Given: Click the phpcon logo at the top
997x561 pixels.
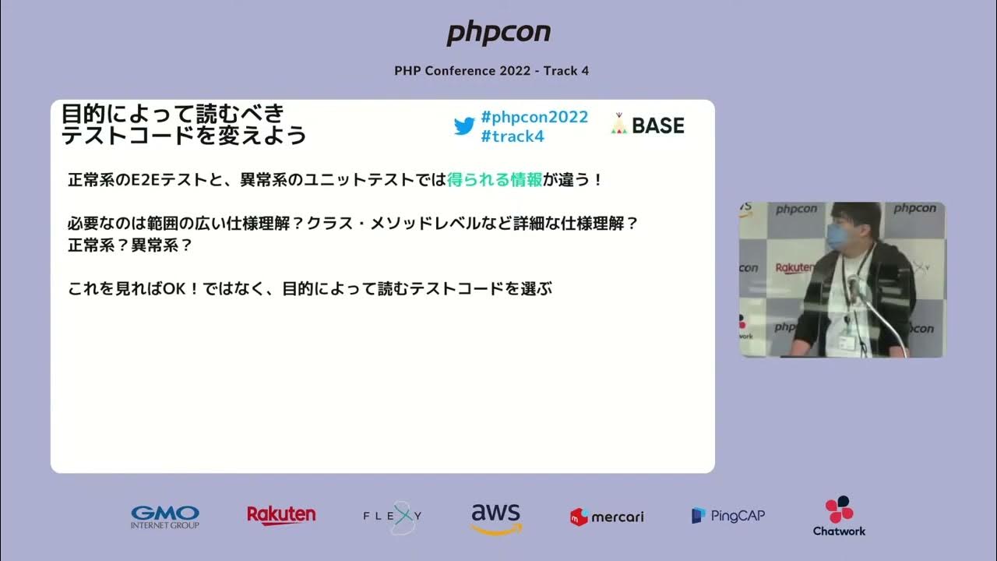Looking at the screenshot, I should [498, 34].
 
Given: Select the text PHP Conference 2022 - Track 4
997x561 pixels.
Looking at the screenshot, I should [491, 71].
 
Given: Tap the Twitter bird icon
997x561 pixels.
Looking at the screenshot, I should [464, 126].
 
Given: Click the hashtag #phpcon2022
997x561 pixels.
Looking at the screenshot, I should [534, 117].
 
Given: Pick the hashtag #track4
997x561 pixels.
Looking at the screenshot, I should [513, 136].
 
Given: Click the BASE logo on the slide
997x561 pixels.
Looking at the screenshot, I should [647, 125].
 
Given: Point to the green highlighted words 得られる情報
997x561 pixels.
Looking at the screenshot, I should [495, 180].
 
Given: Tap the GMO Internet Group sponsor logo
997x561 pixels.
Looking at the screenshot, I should [165, 517].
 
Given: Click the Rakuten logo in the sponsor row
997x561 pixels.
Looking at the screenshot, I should [281, 515].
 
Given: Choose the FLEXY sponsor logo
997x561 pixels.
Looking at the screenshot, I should [393, 516].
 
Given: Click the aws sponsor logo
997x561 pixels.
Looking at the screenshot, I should [496, 517].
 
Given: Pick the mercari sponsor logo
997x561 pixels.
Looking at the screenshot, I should [608, 516].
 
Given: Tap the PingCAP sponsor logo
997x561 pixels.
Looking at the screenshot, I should [728, 515].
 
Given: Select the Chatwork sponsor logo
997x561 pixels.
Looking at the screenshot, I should [839, 516].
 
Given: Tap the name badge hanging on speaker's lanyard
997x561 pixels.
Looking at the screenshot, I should [847, 342].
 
